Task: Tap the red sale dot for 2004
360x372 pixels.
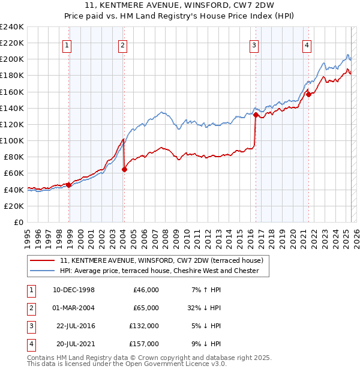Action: click(124, 169)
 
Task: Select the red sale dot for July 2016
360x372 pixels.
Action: click(256, 115)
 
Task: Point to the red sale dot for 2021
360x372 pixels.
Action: click(308, 94)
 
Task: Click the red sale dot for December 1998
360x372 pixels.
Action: click(69, 185)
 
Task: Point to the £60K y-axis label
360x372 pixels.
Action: click(13, 173)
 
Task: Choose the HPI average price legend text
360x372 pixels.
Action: click(159, 271)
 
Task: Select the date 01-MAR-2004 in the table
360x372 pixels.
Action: click(74, 307)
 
